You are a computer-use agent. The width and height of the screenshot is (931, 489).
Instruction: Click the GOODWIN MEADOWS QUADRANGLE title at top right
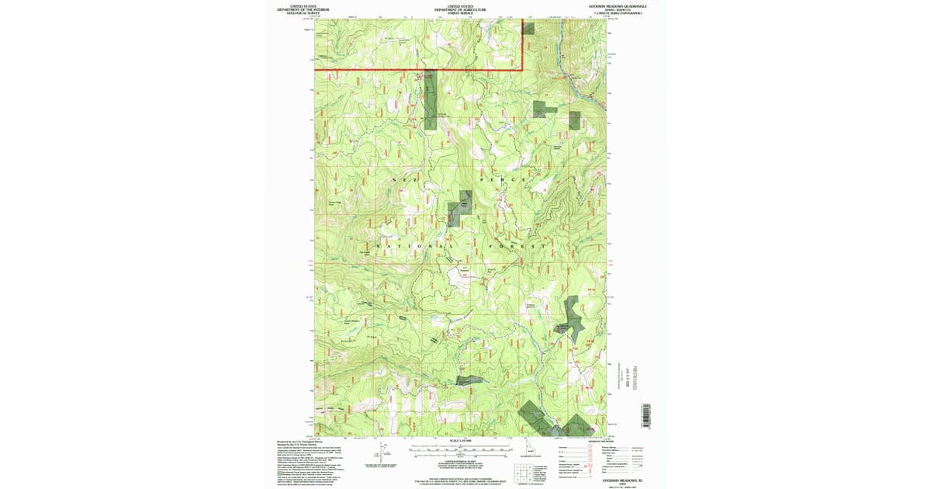pos(618,6)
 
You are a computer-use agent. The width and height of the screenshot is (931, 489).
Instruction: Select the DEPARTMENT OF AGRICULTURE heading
pos(461,10)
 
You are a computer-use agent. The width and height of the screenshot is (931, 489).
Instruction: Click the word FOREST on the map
pos(518,246)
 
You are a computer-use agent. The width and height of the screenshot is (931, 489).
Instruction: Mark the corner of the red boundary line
pos(521,70)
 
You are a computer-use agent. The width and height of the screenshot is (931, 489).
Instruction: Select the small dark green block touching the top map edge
pos(528,28)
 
